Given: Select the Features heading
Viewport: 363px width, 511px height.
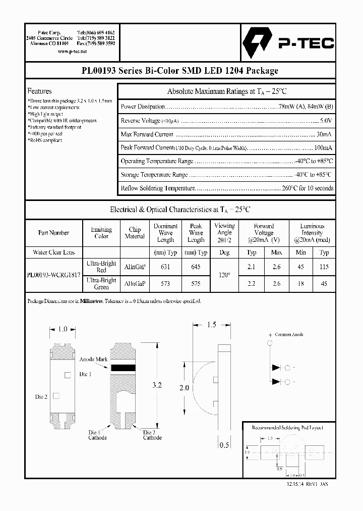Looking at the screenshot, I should [x=39, y=91].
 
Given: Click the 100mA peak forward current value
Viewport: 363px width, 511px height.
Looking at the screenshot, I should [x=323, y=148].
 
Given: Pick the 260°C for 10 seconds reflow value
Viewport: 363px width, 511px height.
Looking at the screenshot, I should [x=308, y=188].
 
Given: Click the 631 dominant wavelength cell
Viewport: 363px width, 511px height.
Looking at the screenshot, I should [x=165, y=267].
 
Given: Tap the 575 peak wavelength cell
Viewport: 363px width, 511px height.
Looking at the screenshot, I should [x=196, y=284].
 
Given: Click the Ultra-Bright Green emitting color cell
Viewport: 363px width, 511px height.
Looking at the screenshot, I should [x=101, y=284].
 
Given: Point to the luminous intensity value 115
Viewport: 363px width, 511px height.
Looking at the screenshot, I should [x=324, y=267].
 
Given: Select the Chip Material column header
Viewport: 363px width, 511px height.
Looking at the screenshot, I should [x=135, y=233].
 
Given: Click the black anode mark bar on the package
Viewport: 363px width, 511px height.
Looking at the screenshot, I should [x=124, y=368].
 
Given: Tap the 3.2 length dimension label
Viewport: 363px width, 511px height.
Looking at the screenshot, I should [x=157, y=385].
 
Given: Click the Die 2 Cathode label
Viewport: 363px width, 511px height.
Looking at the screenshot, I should [x=152, y=435].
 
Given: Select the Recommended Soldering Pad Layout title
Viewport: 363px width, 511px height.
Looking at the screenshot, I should [x=287, y=428].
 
